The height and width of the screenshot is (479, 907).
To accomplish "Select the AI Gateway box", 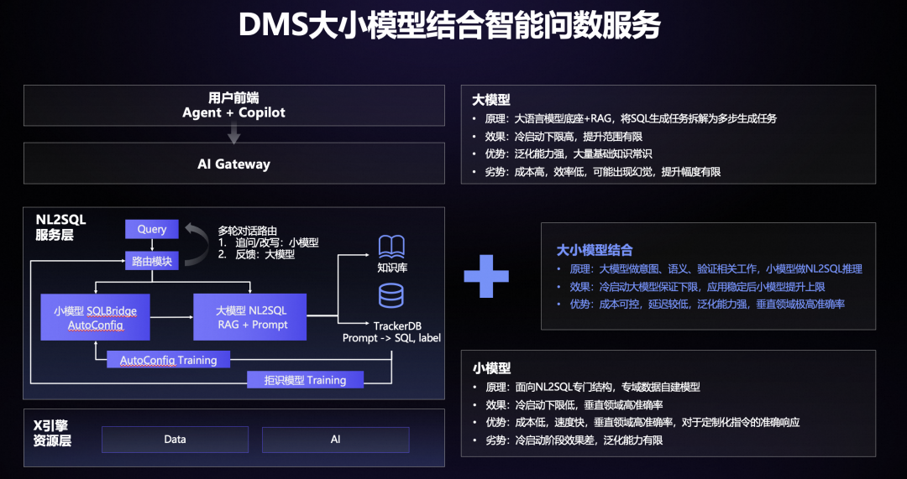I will [x=233, y=164].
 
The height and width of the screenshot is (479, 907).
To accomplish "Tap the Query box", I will [x=152, y=229].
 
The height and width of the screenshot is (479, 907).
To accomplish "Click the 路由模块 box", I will [x=152, y=262].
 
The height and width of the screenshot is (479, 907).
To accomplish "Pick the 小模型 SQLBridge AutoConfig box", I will [x=95, y=317].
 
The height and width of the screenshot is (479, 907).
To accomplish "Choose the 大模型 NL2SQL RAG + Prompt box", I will [x=251, y=317].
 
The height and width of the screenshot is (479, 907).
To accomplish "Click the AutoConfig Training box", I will [x=168, y=359].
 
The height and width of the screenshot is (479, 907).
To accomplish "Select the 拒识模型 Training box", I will [x=305, y=379].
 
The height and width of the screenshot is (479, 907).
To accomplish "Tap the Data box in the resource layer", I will [x=175, y=439].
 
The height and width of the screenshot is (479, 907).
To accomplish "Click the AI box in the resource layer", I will [x=335, y=439].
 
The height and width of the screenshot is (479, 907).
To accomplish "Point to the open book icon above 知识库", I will [x=391, y=247].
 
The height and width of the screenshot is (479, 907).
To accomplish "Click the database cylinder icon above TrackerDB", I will [x=391, y=296].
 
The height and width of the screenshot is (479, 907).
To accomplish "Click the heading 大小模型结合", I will [x=594, y=250].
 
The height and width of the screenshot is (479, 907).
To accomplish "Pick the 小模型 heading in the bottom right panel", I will [x=491, y=368].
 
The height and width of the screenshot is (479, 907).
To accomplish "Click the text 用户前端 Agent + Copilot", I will [x=233, y=105].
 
